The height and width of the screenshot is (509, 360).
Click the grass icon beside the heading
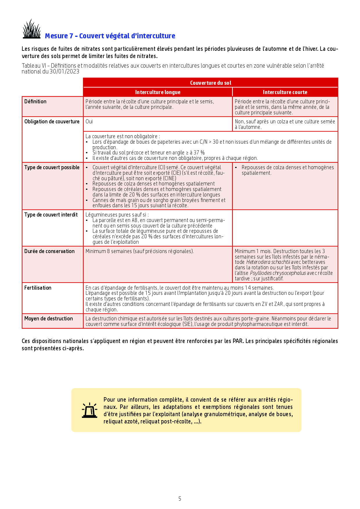pyautogui.click(x=32, y=29)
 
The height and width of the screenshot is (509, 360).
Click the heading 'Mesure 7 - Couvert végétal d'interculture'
pyautogui.click(x=110, y=36)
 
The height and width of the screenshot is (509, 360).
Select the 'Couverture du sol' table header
pyautogui.click(x=210, y=83)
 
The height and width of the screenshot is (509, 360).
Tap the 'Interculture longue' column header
pyautogui.click(x=158, y=92)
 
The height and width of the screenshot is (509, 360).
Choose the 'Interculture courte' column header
pyautogui.click(x=285, y=92)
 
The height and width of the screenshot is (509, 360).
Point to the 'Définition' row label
pyautogui.click(x=35, y=102)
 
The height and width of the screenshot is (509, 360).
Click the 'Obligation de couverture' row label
pyautogui.click(x=52, y=122)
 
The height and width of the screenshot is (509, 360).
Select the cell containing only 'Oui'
pyautogui.click(x=89, y=122)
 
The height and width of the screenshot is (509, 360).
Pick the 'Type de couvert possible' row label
pyautogui.click(x=52, y=167)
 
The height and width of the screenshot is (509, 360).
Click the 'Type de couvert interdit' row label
pyautogui.click(x=51, y=215)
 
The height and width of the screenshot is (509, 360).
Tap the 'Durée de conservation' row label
pyautogui.click(x=49, y=251)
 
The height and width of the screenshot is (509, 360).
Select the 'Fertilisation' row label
pyautogui.click(x=38, y=288)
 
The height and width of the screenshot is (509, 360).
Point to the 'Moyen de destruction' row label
pyautogui.click(x=48, y=319)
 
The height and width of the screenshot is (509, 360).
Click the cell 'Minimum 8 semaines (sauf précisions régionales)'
pyautogui.click(x=140, y=251)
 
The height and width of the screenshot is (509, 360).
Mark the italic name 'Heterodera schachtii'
pyautogui.click(x=268, y=262)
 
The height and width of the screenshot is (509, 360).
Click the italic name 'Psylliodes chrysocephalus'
pyautogui.click(x=278, y=273)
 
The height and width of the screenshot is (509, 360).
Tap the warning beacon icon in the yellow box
pyautogui.click(x=89, y=410)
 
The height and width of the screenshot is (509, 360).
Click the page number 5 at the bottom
pyautogui.click(x=180, y=499)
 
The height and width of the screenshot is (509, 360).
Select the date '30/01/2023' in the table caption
pyautogui.click(x=64, y=72)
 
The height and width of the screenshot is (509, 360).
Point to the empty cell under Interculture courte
pyautogui.click(x=285, y=228)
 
